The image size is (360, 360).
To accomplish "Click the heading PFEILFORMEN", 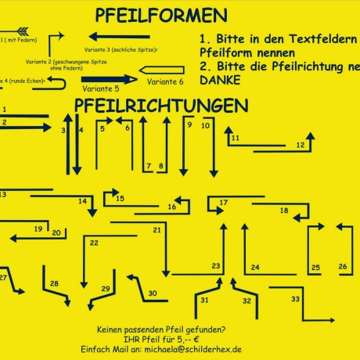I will coord(161,16).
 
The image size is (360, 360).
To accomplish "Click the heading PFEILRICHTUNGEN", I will coord(162,105).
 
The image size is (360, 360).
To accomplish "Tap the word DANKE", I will coord(211,80).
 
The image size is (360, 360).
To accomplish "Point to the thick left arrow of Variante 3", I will coord(117,36).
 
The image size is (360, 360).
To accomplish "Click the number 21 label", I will coord(157,230).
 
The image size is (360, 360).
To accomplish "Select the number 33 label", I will coord(295,299).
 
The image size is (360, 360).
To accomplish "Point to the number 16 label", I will coord(172,207).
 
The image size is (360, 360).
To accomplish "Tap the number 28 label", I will coord(54,283).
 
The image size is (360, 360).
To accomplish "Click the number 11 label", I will coord(235,139).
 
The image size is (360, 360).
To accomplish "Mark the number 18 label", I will coord(284,211).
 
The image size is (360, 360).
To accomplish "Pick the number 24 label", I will coord(255,268).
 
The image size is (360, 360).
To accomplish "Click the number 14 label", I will coord(82,201).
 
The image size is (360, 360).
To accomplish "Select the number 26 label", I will coord(343,267).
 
